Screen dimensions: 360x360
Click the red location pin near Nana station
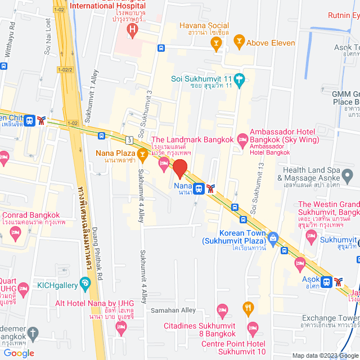(x=179, y=168)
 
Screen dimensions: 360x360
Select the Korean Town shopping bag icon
(x=273, y=236)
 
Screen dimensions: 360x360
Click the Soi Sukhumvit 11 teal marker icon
(x=240, y=79)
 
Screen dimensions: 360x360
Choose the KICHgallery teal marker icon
(x=84, y=283)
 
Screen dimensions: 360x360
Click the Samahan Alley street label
(x=173, y=310)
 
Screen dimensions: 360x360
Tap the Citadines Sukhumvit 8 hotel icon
(x=223, y=309)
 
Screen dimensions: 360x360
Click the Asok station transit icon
(x=326, y=281)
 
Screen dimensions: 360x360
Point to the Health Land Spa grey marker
(x=348, y=178)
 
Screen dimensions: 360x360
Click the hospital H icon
(x=132, y=29)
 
